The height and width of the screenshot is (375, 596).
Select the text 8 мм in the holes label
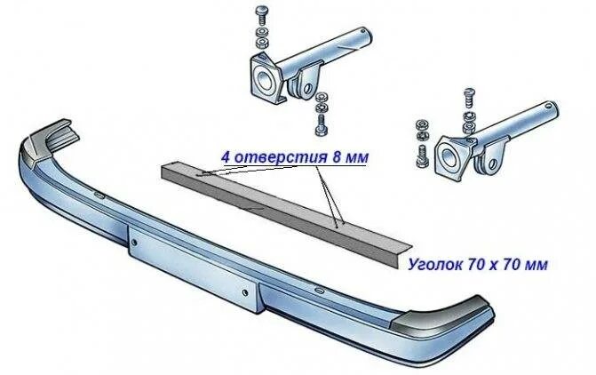point(346,157)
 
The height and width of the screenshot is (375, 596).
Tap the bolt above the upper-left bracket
point(260,13)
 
